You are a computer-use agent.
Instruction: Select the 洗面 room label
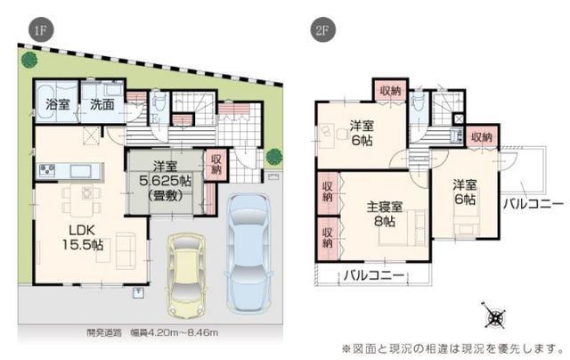pyautogui.click(x=101, y=104)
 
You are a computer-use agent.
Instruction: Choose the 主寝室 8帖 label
pyautogui.click(x=385, y=214)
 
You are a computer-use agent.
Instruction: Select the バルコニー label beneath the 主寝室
pyautogui.click(x=374, y=274)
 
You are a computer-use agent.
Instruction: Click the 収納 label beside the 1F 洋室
pyautogui.click(x=216, y=167)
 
